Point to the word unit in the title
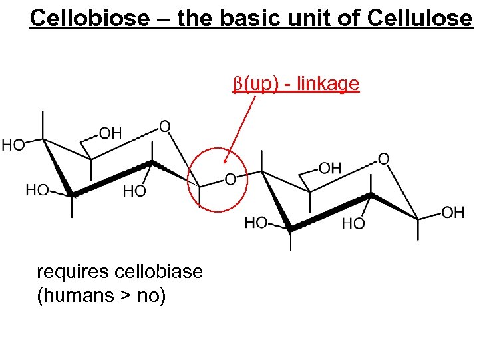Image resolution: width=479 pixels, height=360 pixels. pos(305,18)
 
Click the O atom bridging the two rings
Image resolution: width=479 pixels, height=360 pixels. pos(230,179)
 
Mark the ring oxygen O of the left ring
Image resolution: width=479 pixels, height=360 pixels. pos(164,126)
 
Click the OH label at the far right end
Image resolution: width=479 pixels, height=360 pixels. pos(453,213)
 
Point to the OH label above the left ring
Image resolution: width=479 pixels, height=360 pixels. pos(110,133)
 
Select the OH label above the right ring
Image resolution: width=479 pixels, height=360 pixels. pos(330,168)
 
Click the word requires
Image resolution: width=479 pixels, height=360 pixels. pos(73,272)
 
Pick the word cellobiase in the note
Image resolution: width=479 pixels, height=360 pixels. pos(159,272)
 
